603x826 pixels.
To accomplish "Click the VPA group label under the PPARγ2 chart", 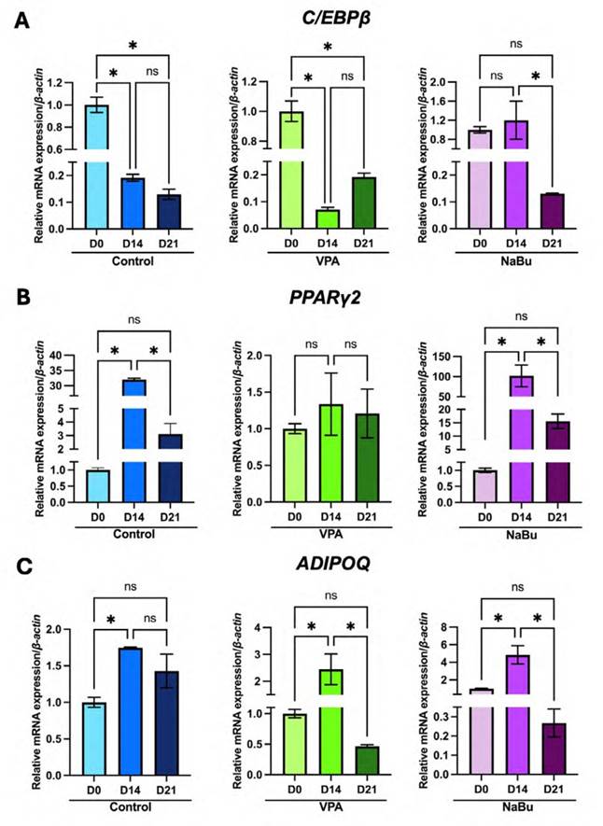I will pos(327,537).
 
